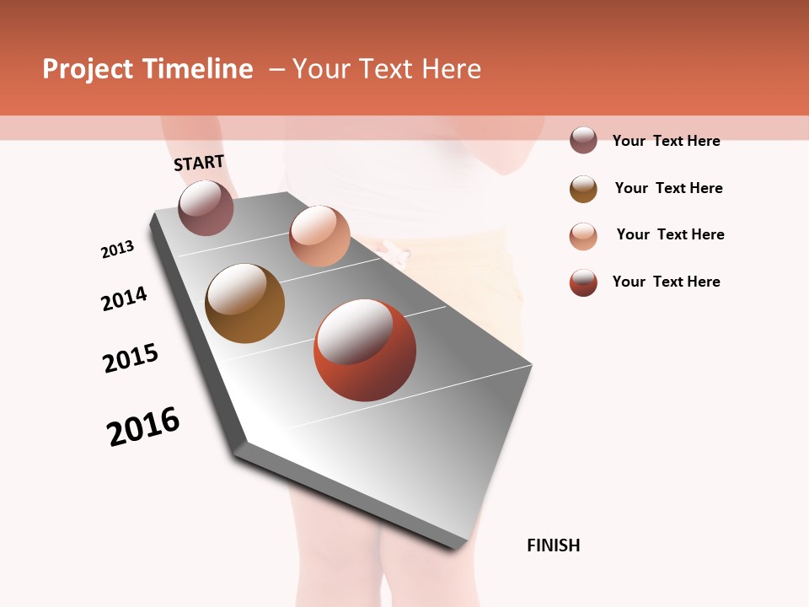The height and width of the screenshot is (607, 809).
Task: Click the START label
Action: click(x=199, y=163)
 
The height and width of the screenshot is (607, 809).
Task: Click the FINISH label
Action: click(x=554, y=545)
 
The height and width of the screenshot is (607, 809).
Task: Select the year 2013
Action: click(x=118, y=250)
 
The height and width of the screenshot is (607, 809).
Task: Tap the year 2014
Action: click(x=125, y=298)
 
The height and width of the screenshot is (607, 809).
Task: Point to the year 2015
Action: click(x=131, y=358)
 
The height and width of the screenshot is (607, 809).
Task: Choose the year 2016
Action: click(x=143, y=427)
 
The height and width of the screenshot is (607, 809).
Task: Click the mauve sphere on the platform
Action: click(x=206, y=207)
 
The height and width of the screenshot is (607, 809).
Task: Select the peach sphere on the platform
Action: click(x=319, y=236)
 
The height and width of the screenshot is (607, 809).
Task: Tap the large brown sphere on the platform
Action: click(x=244, y=303)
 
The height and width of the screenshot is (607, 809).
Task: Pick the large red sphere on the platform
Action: click(x=365, y=350)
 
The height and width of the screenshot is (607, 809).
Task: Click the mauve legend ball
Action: click(x=583, y=140)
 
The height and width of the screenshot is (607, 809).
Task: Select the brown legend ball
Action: click(x=583, y=189)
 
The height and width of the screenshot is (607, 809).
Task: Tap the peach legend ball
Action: click(x=583, y=236)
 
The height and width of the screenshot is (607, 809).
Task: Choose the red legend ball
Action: click(x=583, y=282)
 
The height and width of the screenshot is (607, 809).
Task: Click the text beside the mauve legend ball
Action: click(x=666, y=141)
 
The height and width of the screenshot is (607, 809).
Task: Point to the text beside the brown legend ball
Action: click(x=668, y=188)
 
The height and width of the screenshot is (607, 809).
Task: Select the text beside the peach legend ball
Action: click(x=670, y=234)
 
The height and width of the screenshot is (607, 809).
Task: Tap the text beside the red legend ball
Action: click(x=666, y=282)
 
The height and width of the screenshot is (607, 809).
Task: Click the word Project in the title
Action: click(x=88, y=69)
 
